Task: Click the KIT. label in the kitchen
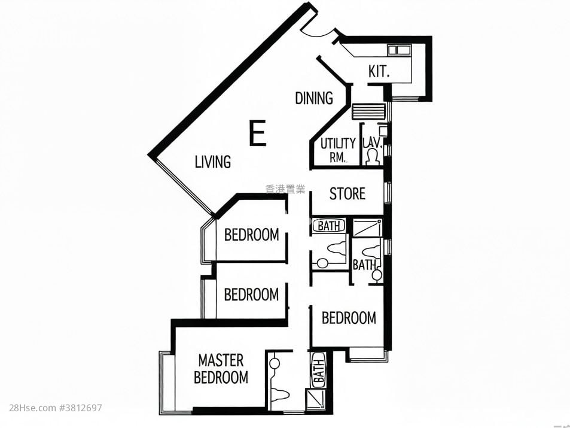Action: click(379, 72)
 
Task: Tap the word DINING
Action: click(314, 98)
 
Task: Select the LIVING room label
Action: click(213, 162)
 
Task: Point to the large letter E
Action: click(257, 133)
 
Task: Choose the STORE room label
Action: click(348, 194)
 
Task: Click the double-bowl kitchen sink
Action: click(397, 50)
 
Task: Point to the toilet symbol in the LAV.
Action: click(373, 157)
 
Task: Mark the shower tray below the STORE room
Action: click(367, 228)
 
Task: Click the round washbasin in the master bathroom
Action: click(275, 363)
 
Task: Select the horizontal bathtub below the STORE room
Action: click(330, 226)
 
